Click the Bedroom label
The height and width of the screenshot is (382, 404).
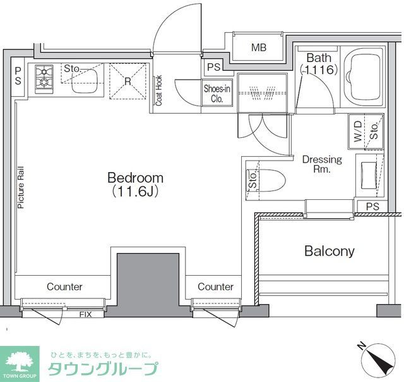[135, 178]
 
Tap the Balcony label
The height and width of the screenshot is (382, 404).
[329, 251]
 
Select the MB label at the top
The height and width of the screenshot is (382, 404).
[259, 47]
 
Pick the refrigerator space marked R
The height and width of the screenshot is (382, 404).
[128, 81]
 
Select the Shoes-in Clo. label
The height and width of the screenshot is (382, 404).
[217, 94]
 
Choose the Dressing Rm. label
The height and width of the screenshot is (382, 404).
[322, 164]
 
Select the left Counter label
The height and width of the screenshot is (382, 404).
[64, 286]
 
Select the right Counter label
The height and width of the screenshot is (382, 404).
[215, 286]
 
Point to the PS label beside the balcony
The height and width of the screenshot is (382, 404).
[372, 207]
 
